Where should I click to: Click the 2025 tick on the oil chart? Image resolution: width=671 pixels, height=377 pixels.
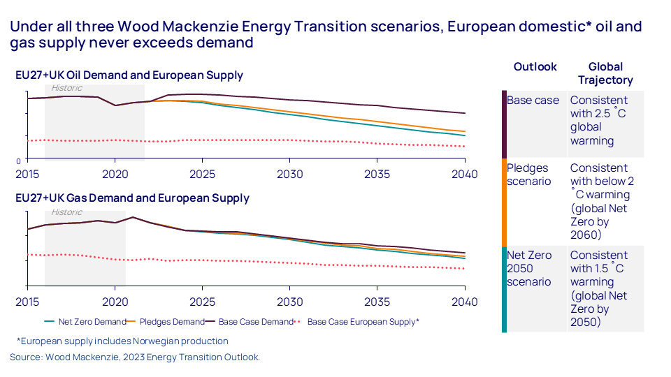coord(202,174)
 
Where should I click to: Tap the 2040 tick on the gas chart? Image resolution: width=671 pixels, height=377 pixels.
coord(464,302)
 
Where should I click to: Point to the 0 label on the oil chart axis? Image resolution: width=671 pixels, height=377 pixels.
coord(18,161)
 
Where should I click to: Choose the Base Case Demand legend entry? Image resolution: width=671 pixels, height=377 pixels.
coord(254,322)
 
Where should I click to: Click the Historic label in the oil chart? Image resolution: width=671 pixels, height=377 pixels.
coord(66,88)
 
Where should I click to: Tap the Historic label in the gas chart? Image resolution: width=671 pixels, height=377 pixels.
coord(66,212)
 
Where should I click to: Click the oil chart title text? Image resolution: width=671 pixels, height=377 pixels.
coord(129,75)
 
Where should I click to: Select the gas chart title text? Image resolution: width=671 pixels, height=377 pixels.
coord(132,198)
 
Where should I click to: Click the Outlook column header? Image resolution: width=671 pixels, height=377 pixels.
coord(535,67)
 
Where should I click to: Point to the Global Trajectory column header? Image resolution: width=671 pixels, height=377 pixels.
coord(605,73)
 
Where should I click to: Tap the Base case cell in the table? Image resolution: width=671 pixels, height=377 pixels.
coord(533,101)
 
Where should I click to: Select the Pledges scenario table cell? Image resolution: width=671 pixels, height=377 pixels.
coord(528,175)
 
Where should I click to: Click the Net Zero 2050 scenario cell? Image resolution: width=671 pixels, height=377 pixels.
coord(529,269)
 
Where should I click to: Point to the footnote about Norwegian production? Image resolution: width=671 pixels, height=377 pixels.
coord(122,341)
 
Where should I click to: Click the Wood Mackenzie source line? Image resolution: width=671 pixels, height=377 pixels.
coord(135,357)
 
